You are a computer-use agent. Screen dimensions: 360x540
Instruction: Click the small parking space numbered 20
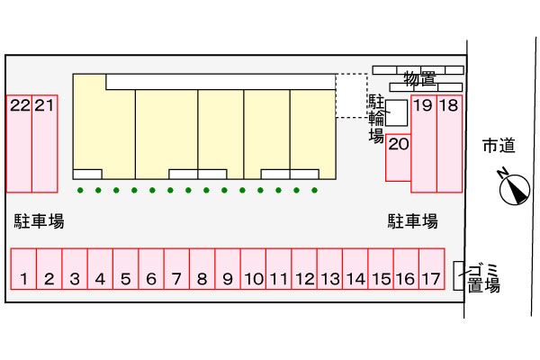click(x=399, y=157)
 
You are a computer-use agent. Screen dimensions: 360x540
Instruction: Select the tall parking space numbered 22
click(x=19, y=143)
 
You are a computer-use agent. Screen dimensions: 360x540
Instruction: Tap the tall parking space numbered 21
click(x=45, y=143)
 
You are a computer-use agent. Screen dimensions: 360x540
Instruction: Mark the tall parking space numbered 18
click(x=449, y=143)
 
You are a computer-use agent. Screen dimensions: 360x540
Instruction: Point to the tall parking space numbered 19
click(x=424, y=143)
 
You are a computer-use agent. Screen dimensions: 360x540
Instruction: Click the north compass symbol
click(x=515, y=188)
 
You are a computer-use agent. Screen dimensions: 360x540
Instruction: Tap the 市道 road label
click(x=498, y=145)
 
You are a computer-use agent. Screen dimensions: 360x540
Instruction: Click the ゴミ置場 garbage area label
click(x=484, y=278)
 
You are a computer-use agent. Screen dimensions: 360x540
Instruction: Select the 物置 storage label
click(x=419, y=79)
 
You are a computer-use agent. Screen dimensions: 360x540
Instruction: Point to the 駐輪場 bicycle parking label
click(x=376, y=117)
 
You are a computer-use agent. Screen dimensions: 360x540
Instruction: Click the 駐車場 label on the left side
click(x=39, y=220)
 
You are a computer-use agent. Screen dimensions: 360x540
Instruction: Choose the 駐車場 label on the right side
click(x=413, y=220)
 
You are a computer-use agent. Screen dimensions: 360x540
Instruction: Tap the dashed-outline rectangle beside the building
click(x=351, y=95)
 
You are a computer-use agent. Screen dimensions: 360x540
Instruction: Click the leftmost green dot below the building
click(x=80, y=190)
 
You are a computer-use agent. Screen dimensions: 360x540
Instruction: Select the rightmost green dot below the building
click(x=314, y=190)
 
